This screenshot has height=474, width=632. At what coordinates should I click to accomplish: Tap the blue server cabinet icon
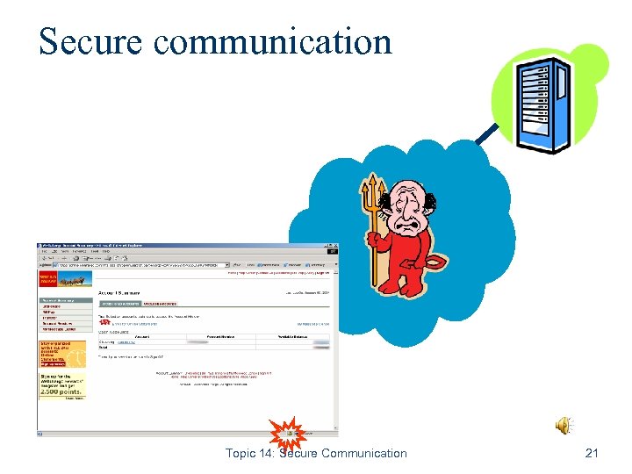coord(544,104)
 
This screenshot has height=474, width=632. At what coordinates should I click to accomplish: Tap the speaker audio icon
coord(564,426)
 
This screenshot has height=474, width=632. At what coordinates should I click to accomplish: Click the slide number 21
coord(591,453)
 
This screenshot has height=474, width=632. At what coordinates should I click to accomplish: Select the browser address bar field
coord(140,264)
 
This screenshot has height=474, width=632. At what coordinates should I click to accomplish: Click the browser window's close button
coord(335,247)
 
